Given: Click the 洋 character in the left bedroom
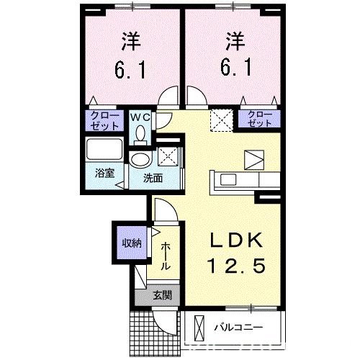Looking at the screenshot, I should point(129,40).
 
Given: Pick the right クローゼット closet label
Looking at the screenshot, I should point(260,120).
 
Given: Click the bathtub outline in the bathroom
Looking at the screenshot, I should point(104,152).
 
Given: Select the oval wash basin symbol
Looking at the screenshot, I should point(140,160).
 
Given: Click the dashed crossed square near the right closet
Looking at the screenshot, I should point(219,120).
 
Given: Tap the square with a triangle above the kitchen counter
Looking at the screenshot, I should point(253,159).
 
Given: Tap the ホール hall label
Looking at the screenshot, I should point(166,256).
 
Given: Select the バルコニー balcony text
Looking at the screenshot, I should point(238,328).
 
